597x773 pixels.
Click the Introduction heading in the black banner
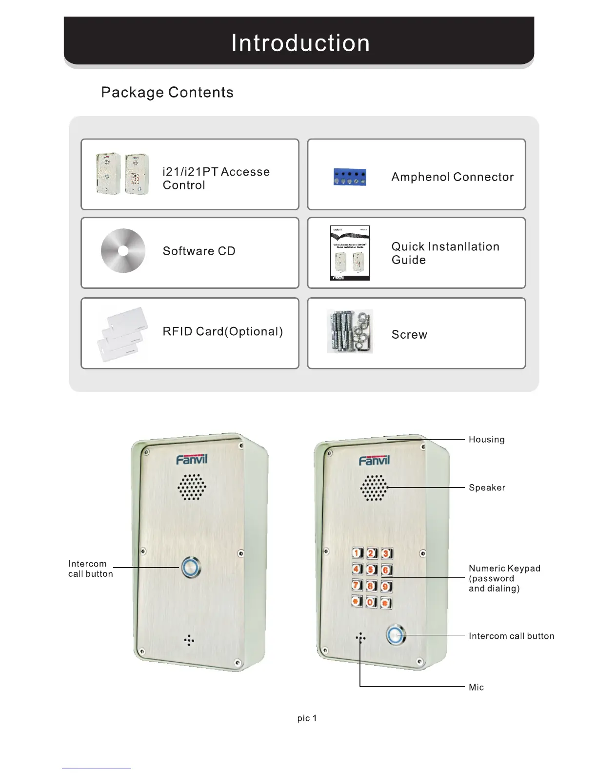tap(300, 43)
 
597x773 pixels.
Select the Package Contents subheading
tap(167, 92)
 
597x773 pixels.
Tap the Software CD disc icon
tap(123, 250)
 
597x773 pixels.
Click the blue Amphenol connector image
tap(350, 177)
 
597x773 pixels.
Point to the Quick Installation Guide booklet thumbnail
tap(350, 253)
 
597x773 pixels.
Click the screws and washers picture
tap(350, 331)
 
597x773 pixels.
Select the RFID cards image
tap(122, 334)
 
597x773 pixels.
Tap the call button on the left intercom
tap(191, 567)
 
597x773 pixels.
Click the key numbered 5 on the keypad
tap(371, 570)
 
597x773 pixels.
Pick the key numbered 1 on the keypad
tap(357, 553)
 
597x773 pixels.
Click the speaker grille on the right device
tap(374, 488)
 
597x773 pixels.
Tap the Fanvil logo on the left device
tap(192, 459)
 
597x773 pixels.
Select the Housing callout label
tap(486, 439)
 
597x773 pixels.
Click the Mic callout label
tap(476, 687)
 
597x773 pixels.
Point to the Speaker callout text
tap(487, 488)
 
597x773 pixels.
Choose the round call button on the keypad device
tap(396, 635)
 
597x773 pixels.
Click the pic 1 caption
tap(307, 718)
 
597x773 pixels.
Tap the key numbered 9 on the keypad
tap(385, 586)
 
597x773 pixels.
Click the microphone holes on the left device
tap(189, 641)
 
